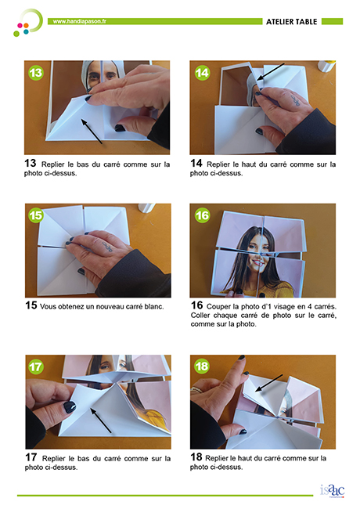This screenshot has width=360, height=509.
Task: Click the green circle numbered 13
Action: (36, 73)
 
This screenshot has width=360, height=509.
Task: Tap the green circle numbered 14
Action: (202, 73)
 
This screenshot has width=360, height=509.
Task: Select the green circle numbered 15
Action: (36, 215)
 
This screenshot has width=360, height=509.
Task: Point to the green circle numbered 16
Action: (202, 215)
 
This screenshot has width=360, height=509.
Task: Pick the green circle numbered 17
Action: (36, 366)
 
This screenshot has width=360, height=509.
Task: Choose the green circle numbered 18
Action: (202, 366)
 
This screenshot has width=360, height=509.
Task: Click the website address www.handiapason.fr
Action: (80, 21)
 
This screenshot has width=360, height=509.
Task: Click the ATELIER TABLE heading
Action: (292, 22)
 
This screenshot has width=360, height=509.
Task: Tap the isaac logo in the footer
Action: (332, 490)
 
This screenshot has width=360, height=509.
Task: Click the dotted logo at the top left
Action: (28, 23)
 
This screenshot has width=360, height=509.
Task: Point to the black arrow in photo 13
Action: (92, 132)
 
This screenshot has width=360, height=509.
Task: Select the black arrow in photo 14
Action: (271, 72)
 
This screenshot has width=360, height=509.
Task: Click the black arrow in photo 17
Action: (101, 421)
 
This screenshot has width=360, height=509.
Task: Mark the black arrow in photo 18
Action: (268, 383)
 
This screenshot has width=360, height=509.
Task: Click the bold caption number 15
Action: (31, 305)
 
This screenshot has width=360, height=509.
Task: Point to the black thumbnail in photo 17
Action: (70, 406)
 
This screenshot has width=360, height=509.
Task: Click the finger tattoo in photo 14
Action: (295, 100)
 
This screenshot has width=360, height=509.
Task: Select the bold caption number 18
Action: (196, 457)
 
